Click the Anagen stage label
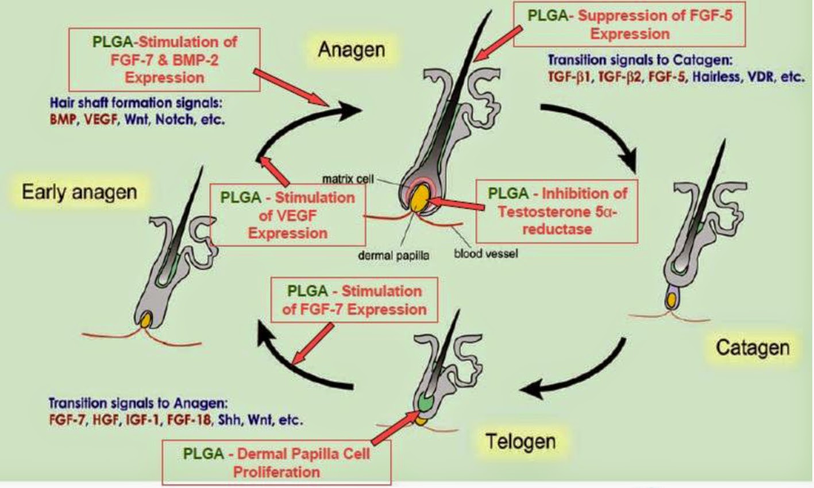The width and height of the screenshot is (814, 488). pyautogui.click(x=352, y=50)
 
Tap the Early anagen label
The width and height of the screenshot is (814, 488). pyautogui.click(x=80, y=192)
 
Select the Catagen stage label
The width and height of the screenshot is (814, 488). pyautogui.click(x=753, y=348)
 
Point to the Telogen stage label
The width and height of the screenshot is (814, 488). pyautogui.click(x=521, y=441)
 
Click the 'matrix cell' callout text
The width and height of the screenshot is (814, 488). pyautogui.click(x=348, y=179)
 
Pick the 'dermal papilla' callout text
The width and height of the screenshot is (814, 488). pyautogui.click(x=394, y=255)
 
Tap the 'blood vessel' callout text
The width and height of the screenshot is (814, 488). pyautogui.click(x=486, y=253)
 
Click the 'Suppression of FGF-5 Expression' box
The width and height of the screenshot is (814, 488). pyautogui.click(x=630, y=24)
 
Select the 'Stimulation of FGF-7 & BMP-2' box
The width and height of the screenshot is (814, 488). pyautogui.click(x=165, y=60)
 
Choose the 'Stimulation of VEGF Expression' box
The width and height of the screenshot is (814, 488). pyautogui.click(x=288, y=215)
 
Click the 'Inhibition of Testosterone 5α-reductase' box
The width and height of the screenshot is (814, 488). pyautogui.click(x=557, y=211)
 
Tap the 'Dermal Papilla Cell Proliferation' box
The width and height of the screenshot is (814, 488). pyautogui.click(x=276, y=463)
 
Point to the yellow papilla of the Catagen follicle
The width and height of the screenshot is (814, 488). pyautogui.click(x=672, y=300)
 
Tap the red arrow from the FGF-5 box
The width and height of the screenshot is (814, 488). pyautogui.click(x=498, y=44)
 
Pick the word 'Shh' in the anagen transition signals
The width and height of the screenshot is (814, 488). pyautogui.click(x=229, y=420)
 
